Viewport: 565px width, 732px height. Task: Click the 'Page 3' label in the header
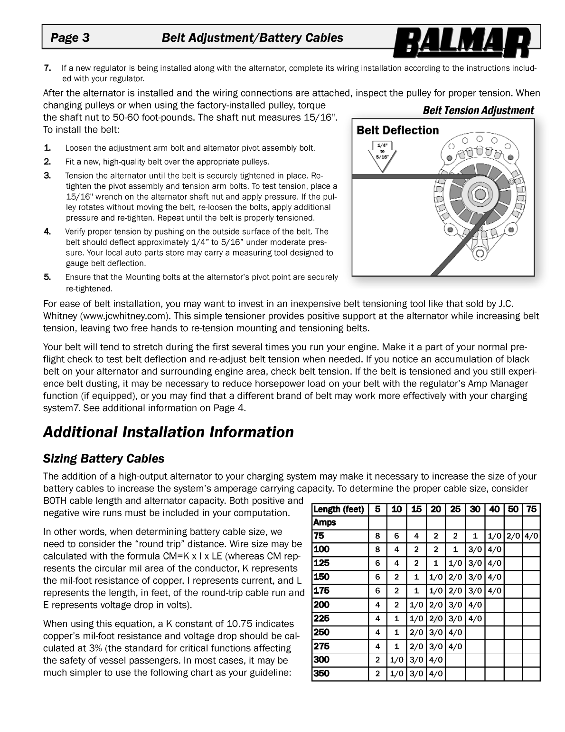tap(70, 38)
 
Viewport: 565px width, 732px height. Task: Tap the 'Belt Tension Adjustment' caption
tap(478, 110)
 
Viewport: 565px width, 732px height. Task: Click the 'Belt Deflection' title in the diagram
tap(397, 130)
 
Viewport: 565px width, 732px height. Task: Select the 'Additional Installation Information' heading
tap(169, 432)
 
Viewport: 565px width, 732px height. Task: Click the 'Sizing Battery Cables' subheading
tap(104, 459)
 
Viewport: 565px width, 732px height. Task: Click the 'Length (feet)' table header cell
tap(339, 509)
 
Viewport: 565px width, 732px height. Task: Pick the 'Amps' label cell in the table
tap(325, 522)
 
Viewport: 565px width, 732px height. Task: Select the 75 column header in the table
tap(531, 509)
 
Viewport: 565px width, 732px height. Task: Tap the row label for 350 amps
tap(321, 673)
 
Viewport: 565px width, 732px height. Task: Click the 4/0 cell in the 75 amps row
tap(531, 536)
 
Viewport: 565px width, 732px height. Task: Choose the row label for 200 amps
tap(321, 605)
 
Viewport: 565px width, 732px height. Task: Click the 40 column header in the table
tap(494, 509)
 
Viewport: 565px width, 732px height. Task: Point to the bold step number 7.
tap(47, 68)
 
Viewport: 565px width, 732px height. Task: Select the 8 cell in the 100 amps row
tap(377, 550)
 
